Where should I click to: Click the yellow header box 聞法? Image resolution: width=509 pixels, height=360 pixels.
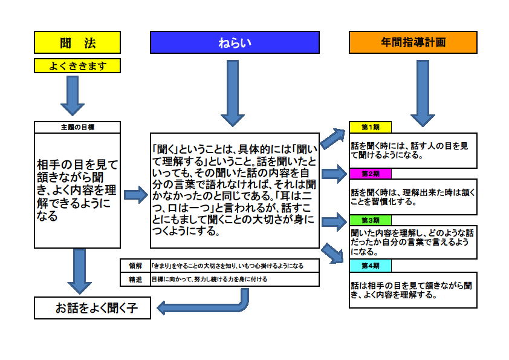77,42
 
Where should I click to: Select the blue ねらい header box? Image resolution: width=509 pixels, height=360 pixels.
235,42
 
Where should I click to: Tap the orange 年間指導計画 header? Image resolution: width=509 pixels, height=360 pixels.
413,42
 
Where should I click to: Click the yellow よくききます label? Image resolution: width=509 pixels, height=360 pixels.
77,65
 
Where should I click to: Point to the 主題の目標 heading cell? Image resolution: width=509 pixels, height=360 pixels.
77,128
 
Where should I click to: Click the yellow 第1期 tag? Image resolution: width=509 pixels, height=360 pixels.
371,127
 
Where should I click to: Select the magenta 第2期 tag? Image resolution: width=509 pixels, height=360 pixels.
371,174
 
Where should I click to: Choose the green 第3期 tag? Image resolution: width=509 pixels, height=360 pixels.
371,220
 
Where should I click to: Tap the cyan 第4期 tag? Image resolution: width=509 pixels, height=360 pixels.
371,266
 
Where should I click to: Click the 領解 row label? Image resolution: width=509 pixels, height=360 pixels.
135,266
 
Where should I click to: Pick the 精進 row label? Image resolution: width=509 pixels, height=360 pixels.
135,280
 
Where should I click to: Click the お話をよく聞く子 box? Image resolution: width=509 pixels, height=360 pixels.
92,308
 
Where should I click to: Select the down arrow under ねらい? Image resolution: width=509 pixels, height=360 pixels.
233,93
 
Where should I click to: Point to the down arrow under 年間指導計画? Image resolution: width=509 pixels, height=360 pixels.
423,93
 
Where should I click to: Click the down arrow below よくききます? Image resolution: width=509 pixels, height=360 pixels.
73,96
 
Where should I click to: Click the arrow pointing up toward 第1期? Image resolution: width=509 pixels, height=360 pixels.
333,138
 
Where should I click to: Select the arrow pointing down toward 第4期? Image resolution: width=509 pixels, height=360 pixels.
332,253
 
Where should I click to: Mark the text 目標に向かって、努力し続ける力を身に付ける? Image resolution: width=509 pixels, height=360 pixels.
210,280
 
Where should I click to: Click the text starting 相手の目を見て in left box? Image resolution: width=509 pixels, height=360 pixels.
77,190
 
